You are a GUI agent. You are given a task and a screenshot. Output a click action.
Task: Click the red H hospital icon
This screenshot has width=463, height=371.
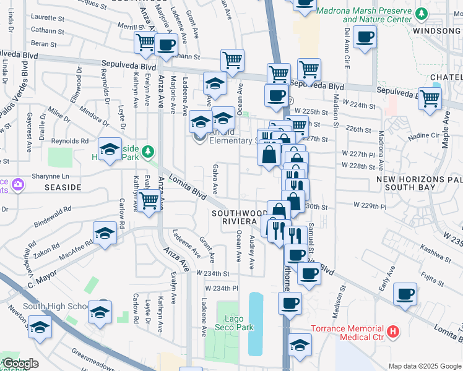(x=393, y=332)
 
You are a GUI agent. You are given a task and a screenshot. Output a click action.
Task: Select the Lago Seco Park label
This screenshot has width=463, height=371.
(x=232, y=322)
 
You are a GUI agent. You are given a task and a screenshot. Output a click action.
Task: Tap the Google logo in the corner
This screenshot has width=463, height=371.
(x=20, y=364)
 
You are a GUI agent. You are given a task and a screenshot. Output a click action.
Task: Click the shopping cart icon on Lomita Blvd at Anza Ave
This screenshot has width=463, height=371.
(x=149, y=202)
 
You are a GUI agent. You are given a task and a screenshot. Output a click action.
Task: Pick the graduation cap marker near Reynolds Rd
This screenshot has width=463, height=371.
(x=110, y=149)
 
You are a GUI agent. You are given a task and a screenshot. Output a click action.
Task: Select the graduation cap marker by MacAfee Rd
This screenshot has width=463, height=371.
(x=105, y=234)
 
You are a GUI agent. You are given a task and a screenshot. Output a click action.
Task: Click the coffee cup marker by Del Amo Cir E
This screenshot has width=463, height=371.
(x=365, y=38)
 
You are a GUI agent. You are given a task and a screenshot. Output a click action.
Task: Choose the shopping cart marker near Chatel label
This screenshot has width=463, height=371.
(x=430, y=98)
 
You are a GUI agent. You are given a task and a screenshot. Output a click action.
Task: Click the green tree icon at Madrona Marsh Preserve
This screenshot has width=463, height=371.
(x=421, y=14)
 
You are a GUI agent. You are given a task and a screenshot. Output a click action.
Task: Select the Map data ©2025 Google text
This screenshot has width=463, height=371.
(x=424, y=366)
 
